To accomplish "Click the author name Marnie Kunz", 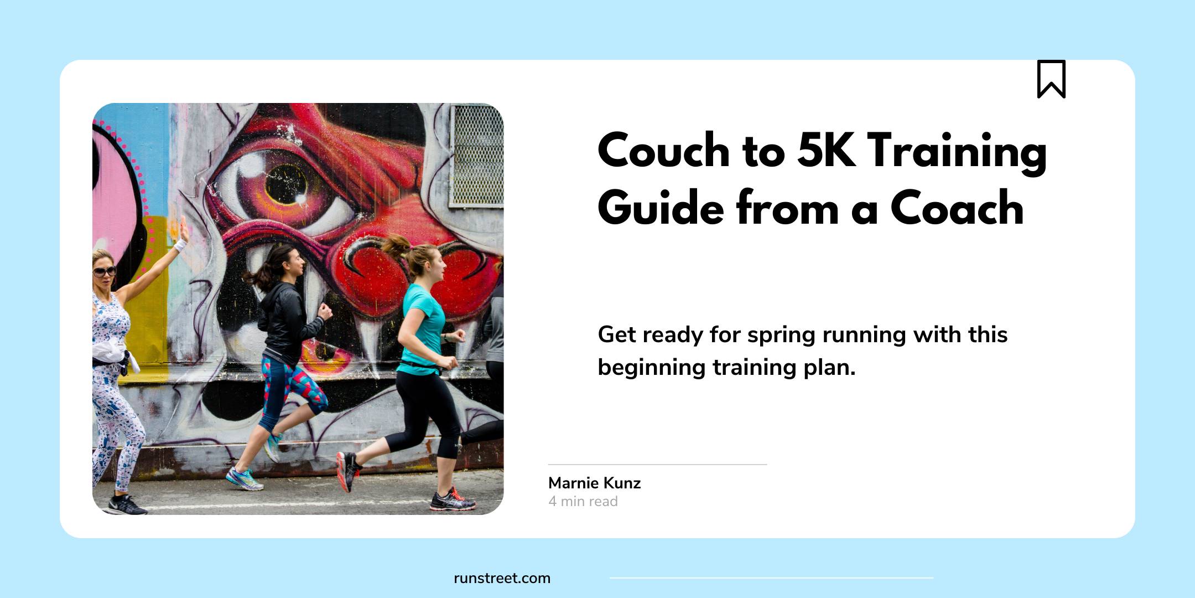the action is click(594, 483).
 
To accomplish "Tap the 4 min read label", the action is click(583, 501).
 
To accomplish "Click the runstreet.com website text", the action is click(502, 578).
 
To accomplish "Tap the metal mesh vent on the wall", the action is click(476, 156).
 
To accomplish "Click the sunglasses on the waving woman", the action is click(104, 272).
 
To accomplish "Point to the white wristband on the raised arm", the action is click(180, 245).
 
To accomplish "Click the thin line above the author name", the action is click(658, 465).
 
